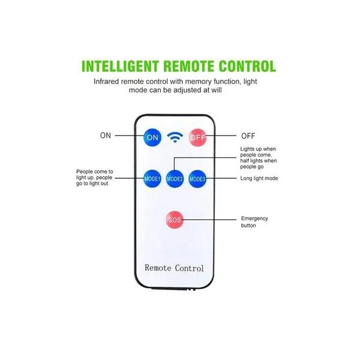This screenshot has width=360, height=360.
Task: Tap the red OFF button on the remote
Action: tap(197, 137)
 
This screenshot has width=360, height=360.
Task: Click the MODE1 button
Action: tap(152, 179)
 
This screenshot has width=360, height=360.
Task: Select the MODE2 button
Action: tap(175, 179)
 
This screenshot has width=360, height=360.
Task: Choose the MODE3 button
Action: tap(197, 179)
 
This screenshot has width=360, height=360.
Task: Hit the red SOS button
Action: tap(175, 220)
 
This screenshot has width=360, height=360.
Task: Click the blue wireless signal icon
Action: tap(175, 137)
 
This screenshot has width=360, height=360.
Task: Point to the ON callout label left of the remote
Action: tap(106, 136)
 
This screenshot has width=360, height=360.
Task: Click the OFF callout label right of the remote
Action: tap(248, 136)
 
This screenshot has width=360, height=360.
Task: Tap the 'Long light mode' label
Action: tap(259, 178)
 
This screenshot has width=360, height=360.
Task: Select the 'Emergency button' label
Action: tap(254, 222)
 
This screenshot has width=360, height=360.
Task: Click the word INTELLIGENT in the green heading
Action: tap(121, 66)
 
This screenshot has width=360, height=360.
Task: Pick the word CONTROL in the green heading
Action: tap(247, 66)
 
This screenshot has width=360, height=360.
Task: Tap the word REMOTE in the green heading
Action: tap(189, 66)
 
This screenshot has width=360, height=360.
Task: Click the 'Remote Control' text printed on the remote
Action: tap(174, 268)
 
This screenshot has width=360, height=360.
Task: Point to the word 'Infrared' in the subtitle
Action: tap(106, 82)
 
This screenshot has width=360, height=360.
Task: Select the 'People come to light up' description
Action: tap(94, 178)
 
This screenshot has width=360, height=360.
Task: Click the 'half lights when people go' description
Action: tap(258, 164)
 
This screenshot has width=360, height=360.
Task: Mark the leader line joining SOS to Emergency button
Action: tap(209, 220)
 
